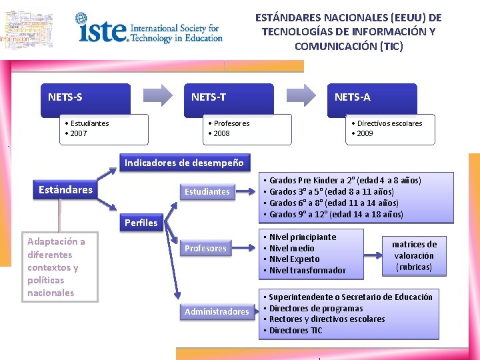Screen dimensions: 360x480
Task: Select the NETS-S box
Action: click(85, 99)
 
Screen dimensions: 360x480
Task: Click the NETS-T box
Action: click(228, 99)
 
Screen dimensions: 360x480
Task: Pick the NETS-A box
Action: click(371, 99)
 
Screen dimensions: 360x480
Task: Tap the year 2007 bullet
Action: click(77, 133)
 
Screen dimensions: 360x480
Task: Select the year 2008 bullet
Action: click(219, 133)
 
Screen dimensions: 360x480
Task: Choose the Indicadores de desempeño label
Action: click(184, 163)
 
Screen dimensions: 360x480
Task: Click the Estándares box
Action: click(65, 190)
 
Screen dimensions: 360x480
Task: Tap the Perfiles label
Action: click(141, 223)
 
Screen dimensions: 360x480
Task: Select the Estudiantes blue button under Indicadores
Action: click(207, 192)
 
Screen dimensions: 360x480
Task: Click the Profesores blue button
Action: click(206, 249)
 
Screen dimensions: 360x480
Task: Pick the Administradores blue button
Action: click(217, 311)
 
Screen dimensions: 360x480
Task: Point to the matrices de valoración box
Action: click(414, 256)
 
